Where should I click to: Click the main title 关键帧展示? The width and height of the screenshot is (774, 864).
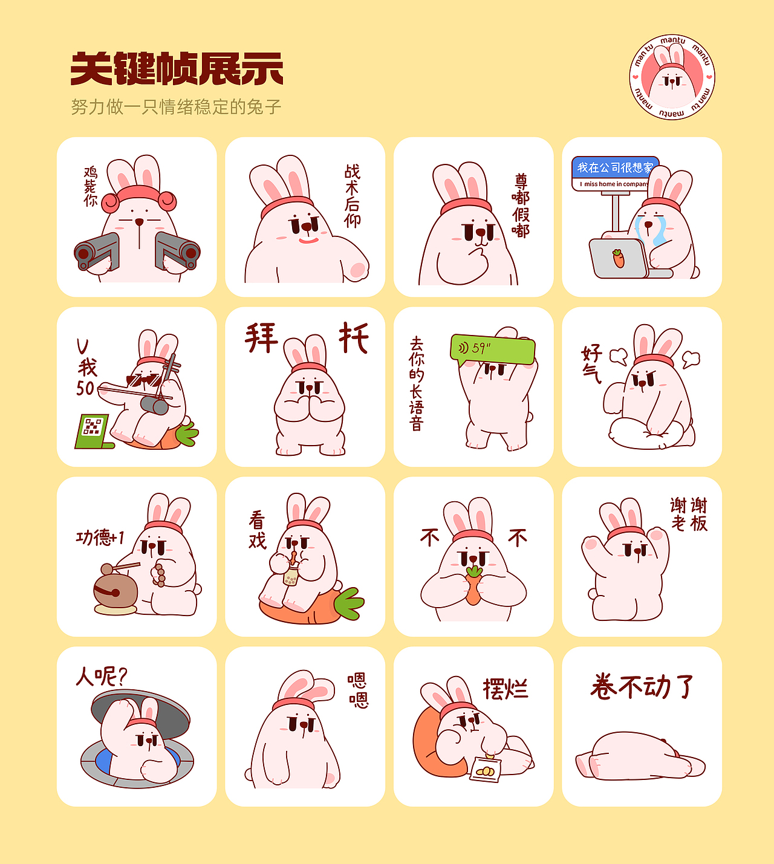tap(177, 69)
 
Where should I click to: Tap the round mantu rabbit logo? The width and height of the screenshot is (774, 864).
tap(672, 77)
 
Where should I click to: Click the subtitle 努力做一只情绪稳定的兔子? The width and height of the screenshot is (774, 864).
tap(176, 107)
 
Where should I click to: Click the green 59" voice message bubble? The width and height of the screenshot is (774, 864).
tap(492, 349)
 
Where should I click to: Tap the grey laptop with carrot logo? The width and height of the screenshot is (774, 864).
tap(619, 258)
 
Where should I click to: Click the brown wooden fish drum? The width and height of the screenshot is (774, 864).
tap(115, 590)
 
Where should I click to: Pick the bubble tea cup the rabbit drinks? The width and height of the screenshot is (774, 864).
tap(291, 576)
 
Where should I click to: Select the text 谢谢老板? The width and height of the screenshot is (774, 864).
tap(689, 515)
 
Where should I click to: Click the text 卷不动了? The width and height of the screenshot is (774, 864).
tap(642, 687)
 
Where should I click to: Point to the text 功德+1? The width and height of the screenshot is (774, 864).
tap(100, 538)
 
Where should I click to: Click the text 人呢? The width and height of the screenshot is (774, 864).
tap(102, 677)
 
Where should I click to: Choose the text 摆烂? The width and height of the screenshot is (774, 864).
tap(506, 689)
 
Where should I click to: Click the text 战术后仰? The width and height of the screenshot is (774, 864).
tap(352, 195)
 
